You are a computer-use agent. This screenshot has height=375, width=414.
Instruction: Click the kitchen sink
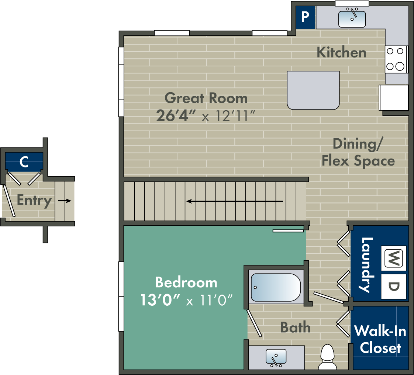[352, 19]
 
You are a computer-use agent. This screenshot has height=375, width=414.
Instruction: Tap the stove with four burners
[396, 59]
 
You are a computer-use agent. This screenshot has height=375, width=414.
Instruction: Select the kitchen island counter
[313, 90]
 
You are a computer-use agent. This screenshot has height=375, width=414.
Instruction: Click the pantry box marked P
[305, 17]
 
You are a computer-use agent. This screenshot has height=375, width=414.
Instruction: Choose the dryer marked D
[394, 287]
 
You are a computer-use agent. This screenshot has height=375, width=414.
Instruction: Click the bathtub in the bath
[275, 287]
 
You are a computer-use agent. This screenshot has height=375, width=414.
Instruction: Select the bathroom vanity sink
[276, 357]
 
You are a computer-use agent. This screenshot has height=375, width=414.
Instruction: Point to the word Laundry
[368, 265]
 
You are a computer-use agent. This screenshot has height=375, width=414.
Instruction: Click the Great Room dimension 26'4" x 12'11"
[206, 116]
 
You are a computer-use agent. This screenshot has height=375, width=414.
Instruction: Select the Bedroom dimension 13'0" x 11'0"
[186, 301]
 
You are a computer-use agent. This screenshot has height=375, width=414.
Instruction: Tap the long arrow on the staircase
[234, 201]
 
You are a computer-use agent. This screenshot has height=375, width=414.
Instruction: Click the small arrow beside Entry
[65, 201]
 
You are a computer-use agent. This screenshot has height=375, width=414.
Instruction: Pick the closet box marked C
[24, 162]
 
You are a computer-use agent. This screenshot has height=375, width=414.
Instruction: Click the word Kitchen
[341, 52]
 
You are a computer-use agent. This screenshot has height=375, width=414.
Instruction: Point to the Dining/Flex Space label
[358, 152]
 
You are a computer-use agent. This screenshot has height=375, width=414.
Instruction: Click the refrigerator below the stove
[394, 98]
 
